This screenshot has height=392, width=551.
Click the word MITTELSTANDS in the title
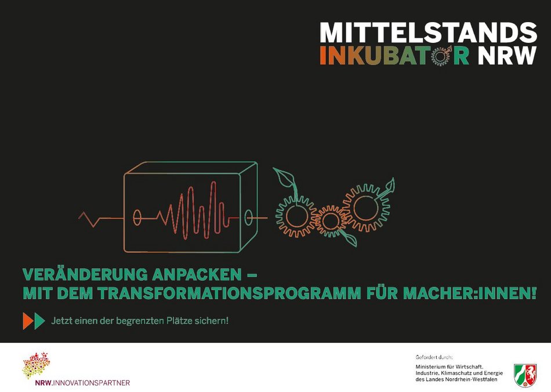pyautogui.click(x=429, y=32)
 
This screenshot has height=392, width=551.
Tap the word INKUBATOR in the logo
pyautogui.click(x=394, y=56)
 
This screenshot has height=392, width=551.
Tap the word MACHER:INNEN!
pyautogui.click(x=470, y=293)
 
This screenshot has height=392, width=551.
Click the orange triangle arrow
pyautogui.click(x=28, y=321)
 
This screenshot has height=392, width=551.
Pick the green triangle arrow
pyautogui.click(x=39, y=321)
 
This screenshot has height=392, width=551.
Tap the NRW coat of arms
pyautogui.click(x=525, y=376)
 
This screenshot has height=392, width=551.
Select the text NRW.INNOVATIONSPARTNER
pyautogui.click(x=82, y=383)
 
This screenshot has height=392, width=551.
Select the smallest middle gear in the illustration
pyautogui.click(x=331, y=221)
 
